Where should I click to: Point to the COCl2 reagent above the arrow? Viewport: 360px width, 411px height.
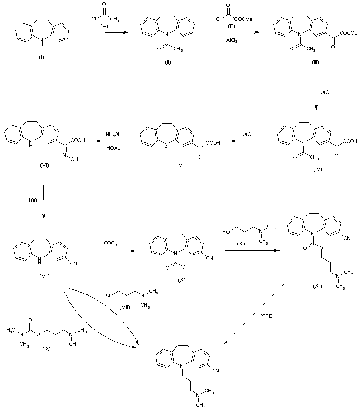[111, 244]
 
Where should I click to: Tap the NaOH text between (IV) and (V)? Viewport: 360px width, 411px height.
[247, 135]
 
